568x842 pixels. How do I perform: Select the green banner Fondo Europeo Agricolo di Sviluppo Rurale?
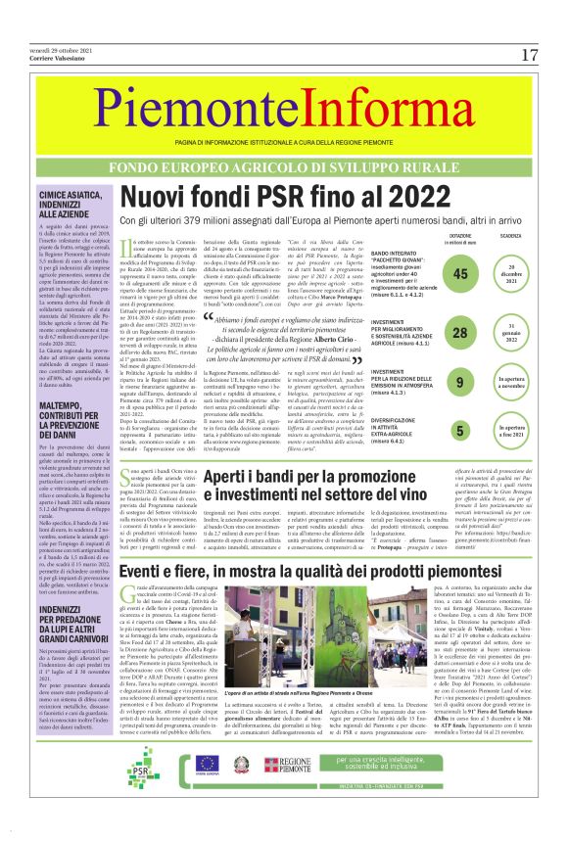pos(284,168)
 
